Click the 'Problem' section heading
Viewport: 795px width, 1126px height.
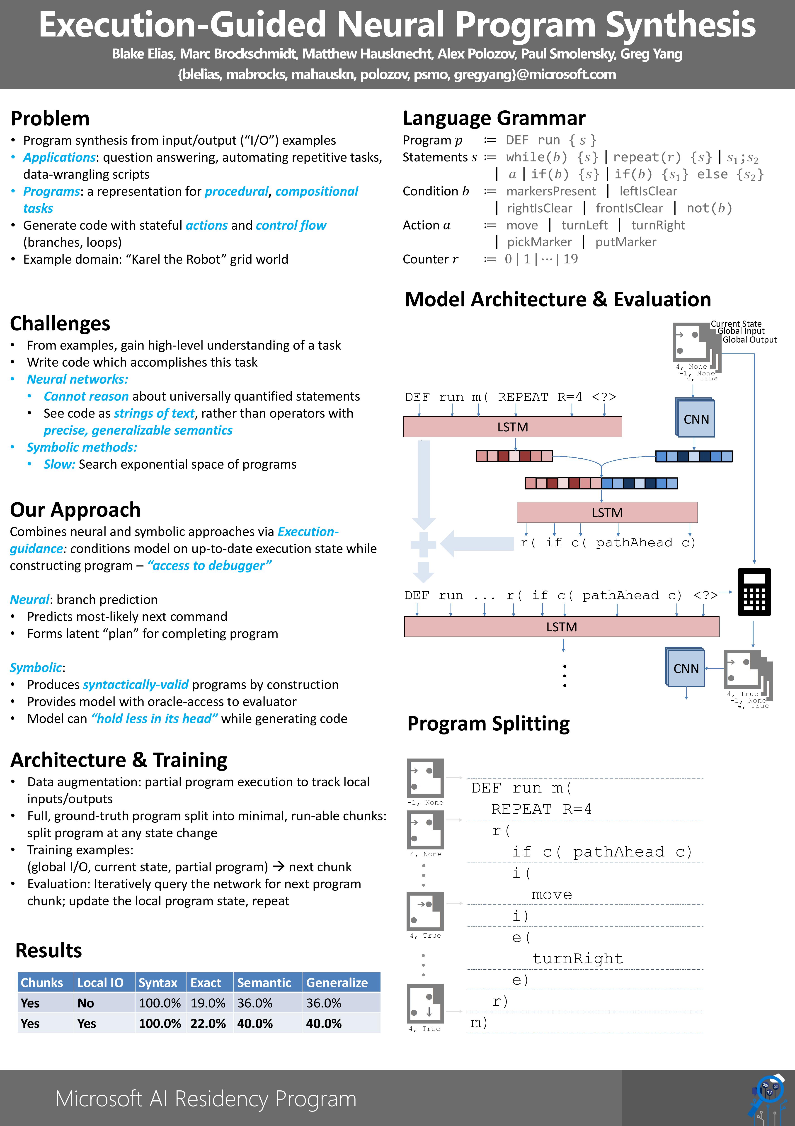tap(50, 119)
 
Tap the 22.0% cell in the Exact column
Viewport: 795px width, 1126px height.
tap(208, 1024)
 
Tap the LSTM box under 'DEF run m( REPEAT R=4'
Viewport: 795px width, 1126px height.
tap(512, 427)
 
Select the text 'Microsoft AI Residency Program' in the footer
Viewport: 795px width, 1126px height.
tap(206, 1099)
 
